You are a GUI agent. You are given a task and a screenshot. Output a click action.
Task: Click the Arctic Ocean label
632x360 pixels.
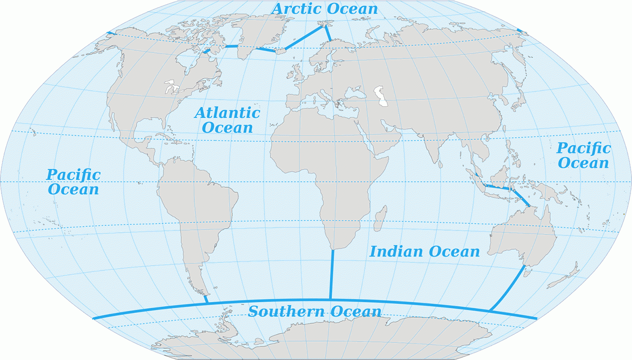pyautogui.click(x=324, y=9)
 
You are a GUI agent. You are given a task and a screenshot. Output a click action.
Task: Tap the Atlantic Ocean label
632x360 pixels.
pyautogui.click(x=227, y=119)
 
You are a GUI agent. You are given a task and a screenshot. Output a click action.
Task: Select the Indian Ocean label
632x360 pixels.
pyautogui.click(x=424, y=252)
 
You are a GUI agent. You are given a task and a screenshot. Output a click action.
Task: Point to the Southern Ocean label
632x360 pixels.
pyautogui.click(x=314, y=311)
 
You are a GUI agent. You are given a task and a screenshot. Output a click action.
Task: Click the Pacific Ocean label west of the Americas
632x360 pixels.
pyautogui.click(x=73, y=182)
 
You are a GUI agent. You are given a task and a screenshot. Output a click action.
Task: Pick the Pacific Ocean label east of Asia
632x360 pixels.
pyautogui.click(x=584, y=155)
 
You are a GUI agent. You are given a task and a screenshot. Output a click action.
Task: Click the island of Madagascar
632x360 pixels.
pyautogui.click(x=378, y=222)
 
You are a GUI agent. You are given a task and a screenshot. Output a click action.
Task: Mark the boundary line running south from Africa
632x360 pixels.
pyautogui.click(x=332, y=274)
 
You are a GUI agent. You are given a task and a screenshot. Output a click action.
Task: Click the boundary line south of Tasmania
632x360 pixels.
pyautogui.click(x=507, y=289)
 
